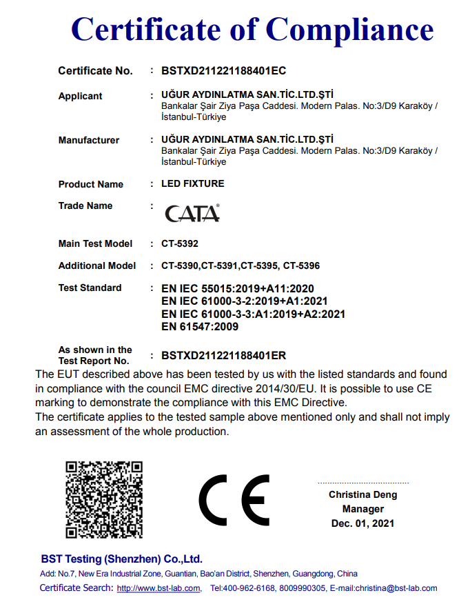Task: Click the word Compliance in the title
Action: [x=349, y=29]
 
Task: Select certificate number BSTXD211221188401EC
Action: [x=223, y=70]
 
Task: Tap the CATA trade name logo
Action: [x=192, y=213]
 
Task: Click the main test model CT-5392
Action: [x=180, y=243]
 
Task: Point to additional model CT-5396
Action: [x=301, y=265]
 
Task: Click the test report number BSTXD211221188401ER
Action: [x=223, y=356]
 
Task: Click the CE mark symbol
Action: [x=234, y=500]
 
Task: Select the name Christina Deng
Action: [x=362, y=494]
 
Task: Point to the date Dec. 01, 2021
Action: [x=362, y=523]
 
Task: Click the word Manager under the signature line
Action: [x=362, y=509]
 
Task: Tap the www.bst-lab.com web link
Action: [x=158, y=588]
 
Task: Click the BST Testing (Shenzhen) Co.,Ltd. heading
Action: [x=121, y=559]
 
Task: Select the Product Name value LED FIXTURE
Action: [x=192, y=183]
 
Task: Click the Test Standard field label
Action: [x=90, y=288]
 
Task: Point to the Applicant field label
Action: [x=80, y=96]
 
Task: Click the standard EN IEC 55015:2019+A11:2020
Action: [x=238, y=288]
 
